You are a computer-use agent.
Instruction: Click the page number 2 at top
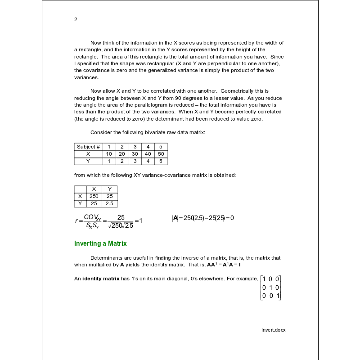76,19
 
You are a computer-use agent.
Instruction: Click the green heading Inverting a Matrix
100,243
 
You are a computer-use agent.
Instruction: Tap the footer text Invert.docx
274,330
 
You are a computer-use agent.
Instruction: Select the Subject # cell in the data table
89,147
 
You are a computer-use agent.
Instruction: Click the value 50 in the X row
161,154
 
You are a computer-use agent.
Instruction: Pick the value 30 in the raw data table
135,154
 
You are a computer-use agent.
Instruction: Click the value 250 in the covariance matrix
94,196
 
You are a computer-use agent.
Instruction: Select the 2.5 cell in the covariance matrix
109,203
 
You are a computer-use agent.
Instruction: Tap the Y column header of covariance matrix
109,189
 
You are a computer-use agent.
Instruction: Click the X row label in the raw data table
89,154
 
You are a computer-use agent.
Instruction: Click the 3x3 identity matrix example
271,288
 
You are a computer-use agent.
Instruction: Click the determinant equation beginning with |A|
203,218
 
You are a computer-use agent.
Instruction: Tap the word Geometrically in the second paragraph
236,91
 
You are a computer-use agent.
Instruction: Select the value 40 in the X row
148,154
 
